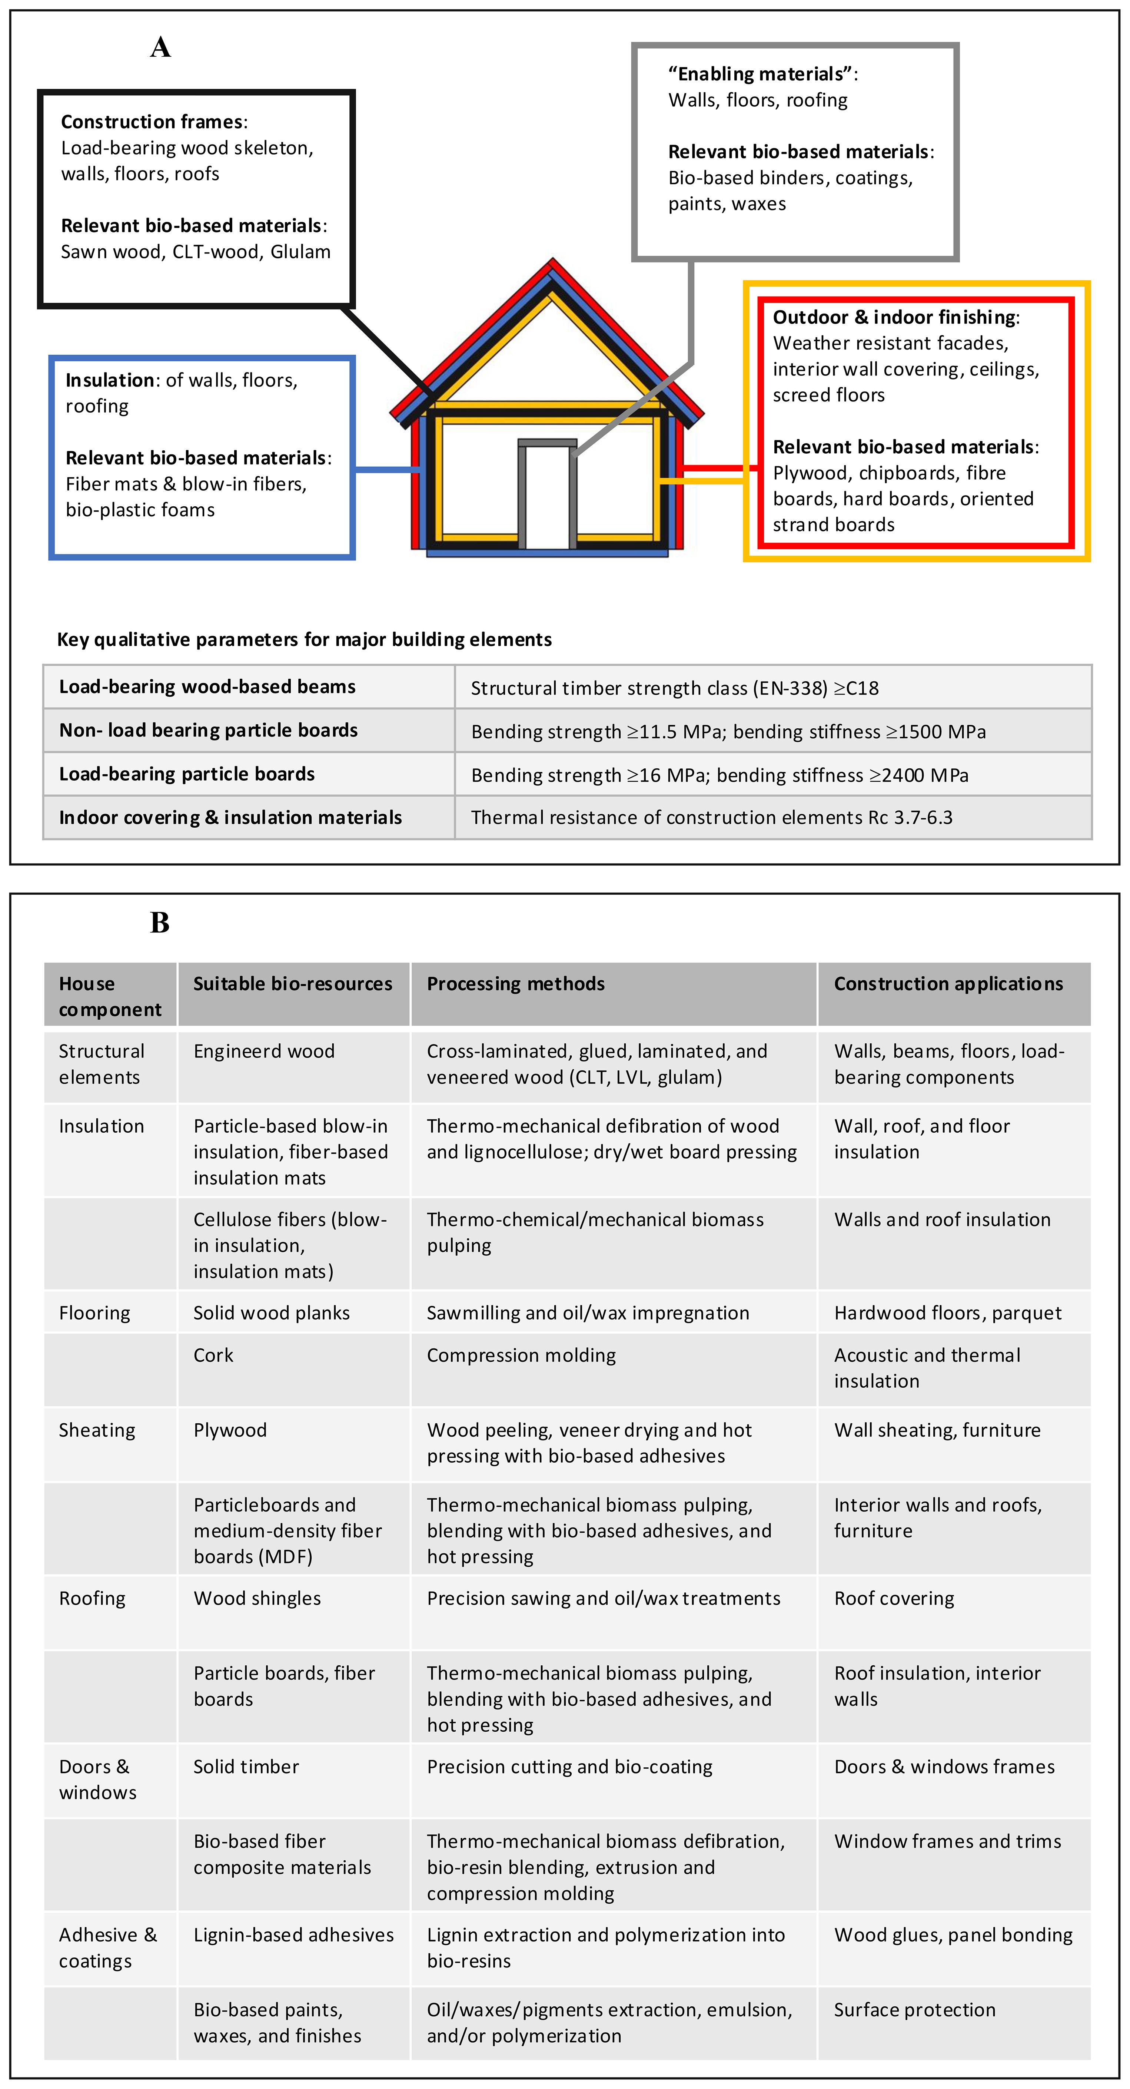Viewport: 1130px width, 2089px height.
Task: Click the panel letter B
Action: (x=160, y=923)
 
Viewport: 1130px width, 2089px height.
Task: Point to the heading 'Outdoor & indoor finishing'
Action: (x=894, y=317)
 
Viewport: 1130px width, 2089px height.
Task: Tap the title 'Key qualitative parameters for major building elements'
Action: (x=304, y=640)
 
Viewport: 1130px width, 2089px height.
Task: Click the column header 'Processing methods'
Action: (x=516, y=984)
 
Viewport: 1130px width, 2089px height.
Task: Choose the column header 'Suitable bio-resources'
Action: (x=293, y=984)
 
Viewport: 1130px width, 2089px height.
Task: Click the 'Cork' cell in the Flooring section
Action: (x=213, y=1355)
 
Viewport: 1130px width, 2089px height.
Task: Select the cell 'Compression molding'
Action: (x=521, y=1355)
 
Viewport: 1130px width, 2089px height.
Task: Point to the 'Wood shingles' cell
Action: (x=257, y=1598)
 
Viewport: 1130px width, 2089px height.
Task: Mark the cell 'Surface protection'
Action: (x=914, y=2010)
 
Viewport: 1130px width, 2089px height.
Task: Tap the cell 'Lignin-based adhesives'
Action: (x=293, y=1935)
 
